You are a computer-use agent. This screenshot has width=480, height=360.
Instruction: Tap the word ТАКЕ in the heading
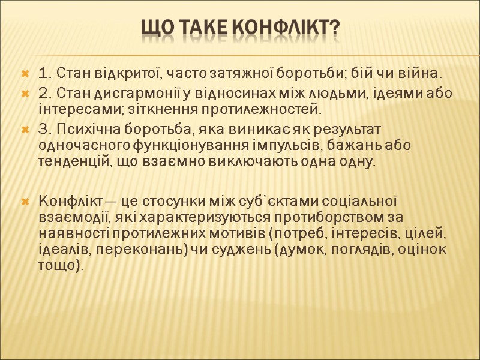(x=196, y=28)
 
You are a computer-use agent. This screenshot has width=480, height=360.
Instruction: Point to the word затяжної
(x=233, y=74)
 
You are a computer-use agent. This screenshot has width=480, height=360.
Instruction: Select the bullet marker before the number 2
(x=25, y=94)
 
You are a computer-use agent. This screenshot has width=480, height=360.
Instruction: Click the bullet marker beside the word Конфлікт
(x=25, y=200)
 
